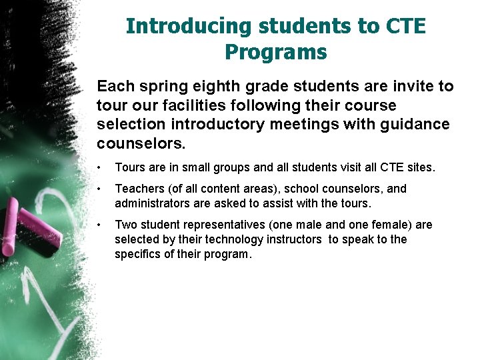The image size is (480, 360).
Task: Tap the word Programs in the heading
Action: (x=276, y=51)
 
